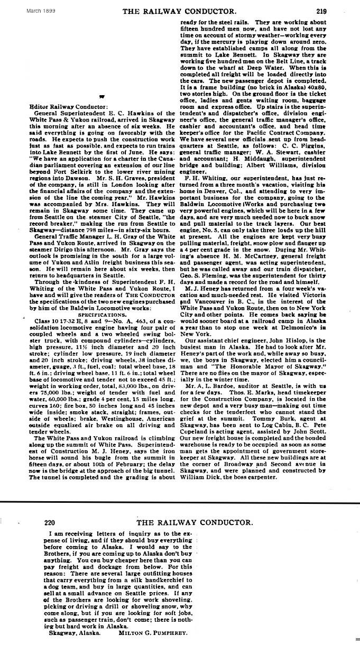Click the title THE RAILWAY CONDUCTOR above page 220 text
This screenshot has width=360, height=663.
[193, 508]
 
